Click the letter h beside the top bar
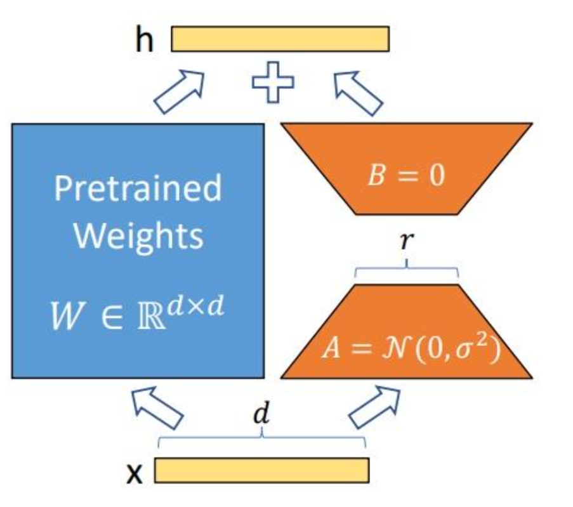(x=144, y=38)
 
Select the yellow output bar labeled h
(x=280, y=39)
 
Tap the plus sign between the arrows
(x=273, y=82)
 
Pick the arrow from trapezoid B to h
(x=358, y=93)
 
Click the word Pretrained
(x=138, y=188)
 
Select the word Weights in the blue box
(x=138, y=237)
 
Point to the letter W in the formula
(x=66, y=316)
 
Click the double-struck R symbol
(x=151, y=317)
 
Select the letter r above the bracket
(x=407, y=240)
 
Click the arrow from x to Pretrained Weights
(x=157, y=407)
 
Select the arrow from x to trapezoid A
(x=374, y=407)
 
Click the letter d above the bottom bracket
(x=261, y=413)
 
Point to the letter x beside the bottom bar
(x=134, y=474)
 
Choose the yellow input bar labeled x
(x=261, y=470)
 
